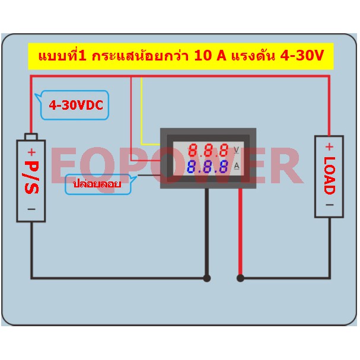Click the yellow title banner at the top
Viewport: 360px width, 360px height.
point(181,56)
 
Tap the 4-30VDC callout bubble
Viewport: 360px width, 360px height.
point(75,105)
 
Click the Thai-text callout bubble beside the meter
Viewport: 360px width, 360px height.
point(98,184)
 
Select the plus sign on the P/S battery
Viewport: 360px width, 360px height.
point(31,152)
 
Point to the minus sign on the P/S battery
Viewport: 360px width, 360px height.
point(31,209)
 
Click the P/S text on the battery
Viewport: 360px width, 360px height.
point(31,177)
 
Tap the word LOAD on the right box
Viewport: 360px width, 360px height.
point(330,176)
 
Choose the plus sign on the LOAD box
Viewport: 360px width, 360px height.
point(330,146)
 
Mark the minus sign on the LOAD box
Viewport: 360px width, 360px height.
point(330,205)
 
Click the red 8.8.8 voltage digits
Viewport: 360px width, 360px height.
point(209,150)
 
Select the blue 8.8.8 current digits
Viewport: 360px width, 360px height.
point(208,167)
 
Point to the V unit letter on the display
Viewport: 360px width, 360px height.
point(236,150)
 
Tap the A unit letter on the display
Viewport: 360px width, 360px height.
point(237,165)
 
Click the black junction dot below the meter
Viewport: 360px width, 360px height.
point(207,278)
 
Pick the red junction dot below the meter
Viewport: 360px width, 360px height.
point(240,278)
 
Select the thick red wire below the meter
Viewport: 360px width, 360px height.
point(240,231)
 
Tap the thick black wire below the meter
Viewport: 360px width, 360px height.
point(207,231)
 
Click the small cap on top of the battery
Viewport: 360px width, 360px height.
point(31,136)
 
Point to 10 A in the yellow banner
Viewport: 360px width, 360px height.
point(210,56)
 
